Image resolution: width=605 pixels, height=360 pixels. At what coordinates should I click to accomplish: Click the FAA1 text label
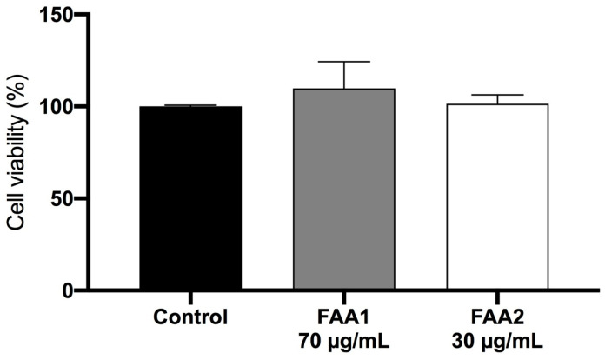tap(344, 314)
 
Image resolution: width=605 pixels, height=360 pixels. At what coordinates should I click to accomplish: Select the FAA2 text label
tap(497, 314)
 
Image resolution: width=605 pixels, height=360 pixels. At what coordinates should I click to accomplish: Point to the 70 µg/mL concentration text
tap(344, 338)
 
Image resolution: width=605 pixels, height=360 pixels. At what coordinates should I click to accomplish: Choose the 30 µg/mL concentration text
tap(497, 338)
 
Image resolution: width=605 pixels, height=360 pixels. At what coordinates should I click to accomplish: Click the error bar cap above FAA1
tap(344, 62)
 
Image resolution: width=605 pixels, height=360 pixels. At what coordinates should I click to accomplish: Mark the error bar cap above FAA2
tap(497, 94)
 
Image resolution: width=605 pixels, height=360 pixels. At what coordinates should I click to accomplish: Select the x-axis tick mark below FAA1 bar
tap(344, 297)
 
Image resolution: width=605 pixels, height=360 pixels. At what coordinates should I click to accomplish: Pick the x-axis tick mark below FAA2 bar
tap(497, 297)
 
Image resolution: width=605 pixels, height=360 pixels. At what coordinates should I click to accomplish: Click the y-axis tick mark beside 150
tap(83, 16)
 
